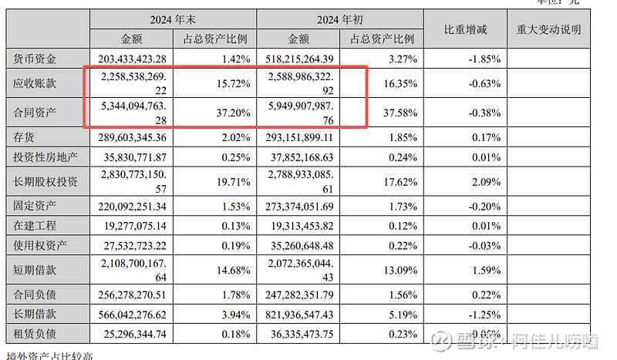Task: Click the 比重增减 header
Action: pos(465,29)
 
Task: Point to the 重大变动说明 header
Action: pos(548,29)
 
